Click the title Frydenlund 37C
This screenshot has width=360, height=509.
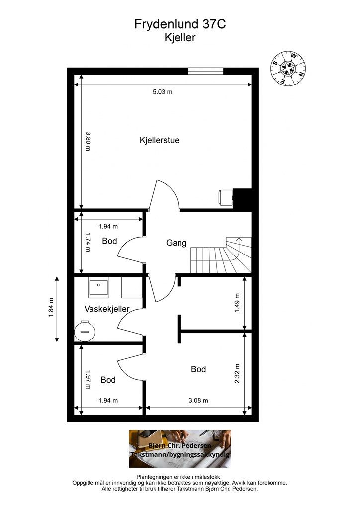(180, 24)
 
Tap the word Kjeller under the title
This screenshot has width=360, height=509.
(180, 38)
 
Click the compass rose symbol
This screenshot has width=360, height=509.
(288, 68)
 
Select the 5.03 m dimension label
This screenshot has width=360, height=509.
(162, 92)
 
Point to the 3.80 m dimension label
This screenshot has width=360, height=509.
(88, 141)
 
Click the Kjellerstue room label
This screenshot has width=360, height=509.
(160, 140)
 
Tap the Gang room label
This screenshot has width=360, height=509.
(176, 243)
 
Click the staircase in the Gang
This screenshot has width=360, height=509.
(221, 255)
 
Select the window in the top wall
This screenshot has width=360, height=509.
(206, 71)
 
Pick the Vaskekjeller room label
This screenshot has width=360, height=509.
(107, 309)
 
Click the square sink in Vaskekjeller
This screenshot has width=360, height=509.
(98, 287)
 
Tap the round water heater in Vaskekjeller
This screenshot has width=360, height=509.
(85, 331)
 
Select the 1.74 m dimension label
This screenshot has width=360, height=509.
(88, 242)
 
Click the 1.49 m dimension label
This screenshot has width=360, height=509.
(237, 303)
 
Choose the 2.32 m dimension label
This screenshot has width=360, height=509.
(237, 373)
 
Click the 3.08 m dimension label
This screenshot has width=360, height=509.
(198, 400)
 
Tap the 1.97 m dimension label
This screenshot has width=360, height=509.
(88, 380)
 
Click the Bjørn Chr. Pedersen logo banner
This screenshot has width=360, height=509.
(180, 449)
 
